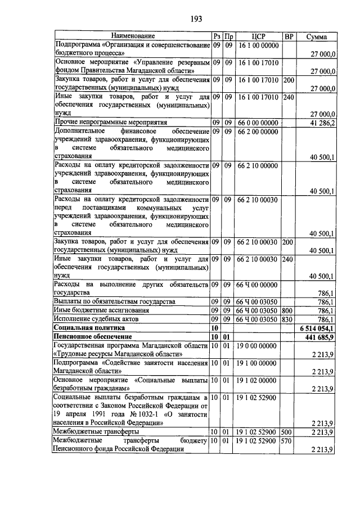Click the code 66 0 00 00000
[258, 122]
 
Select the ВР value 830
[289, 318]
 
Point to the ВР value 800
[289, 310]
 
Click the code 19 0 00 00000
[258, 345]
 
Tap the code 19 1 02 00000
[258, 380]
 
